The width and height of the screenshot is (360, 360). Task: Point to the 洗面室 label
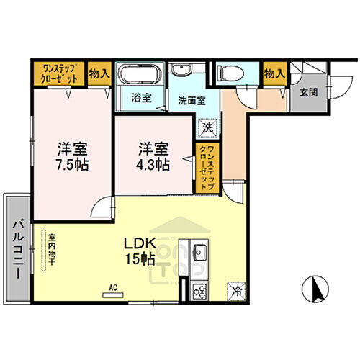(192, 102)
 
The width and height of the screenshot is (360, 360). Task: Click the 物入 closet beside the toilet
(274, 72)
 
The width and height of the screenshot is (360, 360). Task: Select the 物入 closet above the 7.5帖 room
(99, 72)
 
